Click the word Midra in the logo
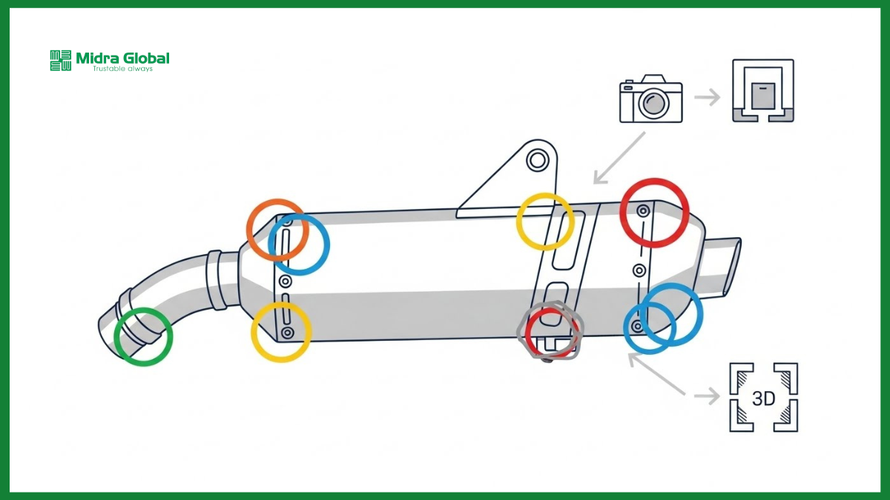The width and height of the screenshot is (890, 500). click(97, 59)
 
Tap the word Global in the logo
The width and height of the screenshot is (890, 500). click(147, 59)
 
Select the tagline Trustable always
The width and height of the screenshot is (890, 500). click(122, 69)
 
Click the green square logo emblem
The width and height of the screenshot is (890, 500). click(61, 60)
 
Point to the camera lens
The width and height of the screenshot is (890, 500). click(653, 103)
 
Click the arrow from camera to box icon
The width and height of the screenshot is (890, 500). click(707, 97)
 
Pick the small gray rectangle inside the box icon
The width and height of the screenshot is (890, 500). click(763, 96)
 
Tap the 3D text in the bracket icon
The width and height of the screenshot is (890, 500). click(763, 399)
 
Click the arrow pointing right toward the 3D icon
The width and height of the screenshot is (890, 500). click(707, 396)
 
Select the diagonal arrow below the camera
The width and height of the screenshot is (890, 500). click(619, 159)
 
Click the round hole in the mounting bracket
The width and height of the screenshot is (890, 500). click(538, 161)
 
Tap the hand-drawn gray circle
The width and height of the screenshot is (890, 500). click(518, 331)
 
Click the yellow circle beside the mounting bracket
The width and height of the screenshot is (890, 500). click(517, 221)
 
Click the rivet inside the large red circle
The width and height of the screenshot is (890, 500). click(643, 210)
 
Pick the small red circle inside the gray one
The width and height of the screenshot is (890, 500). click(527, 333)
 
